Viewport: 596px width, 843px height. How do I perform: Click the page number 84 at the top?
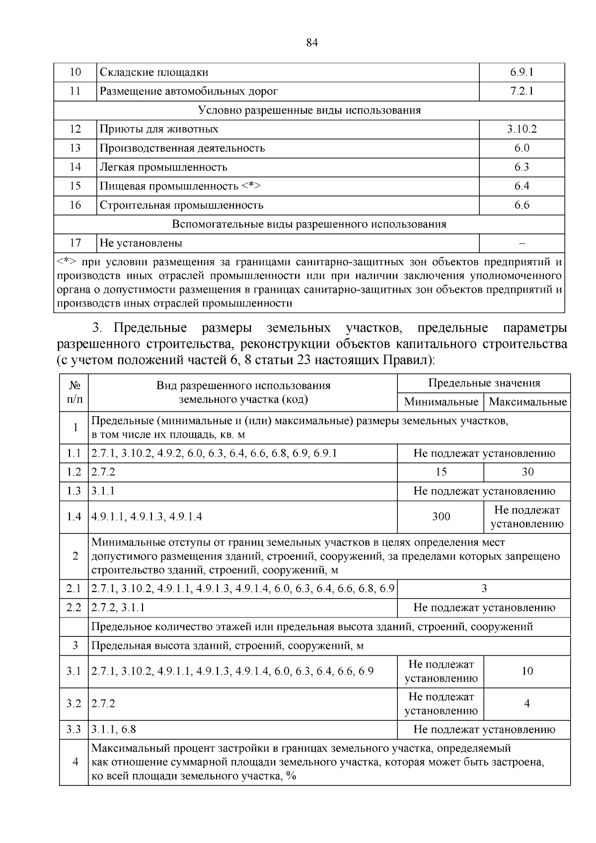312,43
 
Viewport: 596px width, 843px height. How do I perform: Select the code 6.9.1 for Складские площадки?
521,72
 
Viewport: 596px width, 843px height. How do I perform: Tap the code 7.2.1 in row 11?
521,91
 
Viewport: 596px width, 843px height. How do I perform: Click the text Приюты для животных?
159,129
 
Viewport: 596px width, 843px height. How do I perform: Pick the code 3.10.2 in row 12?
521,129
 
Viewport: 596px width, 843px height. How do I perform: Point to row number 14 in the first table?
75,167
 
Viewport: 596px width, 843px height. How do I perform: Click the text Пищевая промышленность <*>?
180,186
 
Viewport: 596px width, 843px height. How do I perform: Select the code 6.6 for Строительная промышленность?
521,205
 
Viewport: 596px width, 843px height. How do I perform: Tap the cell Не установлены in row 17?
141,243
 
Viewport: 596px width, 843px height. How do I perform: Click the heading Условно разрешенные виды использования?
309,110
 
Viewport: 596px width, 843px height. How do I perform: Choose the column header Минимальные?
441,402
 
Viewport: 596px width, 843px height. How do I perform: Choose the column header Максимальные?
527,402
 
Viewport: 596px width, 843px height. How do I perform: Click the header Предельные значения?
484,383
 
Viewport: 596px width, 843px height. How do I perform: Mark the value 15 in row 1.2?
441,472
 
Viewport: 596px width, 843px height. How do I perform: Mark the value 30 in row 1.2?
527,472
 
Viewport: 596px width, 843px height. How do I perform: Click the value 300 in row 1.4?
441,517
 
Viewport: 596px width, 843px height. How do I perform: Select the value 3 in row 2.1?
484,589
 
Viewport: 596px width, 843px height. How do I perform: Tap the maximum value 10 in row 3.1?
527,671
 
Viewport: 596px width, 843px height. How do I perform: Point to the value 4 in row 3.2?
527,703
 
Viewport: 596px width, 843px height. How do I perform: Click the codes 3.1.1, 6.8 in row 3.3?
114,730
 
